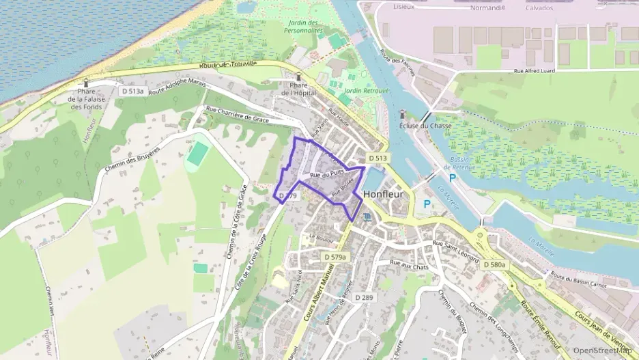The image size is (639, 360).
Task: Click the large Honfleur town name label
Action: pyautogui.click(x=384, y=193)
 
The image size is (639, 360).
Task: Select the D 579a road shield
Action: pyautogui.click(x=335, y=257)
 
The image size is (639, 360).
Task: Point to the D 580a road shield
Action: pyautogui.click(x=495, y=264)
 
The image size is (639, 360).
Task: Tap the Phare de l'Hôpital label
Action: pyautogui.click(x=297, y=89)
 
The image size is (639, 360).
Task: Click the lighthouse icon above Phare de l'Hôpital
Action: pyautogui.click(x=298, y=77)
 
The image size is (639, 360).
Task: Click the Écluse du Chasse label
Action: pyautogui.click(x=423, y=126)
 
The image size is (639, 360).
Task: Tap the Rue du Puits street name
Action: pyautogui.click(x=325, y=176)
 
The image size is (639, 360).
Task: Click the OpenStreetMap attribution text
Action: pyautogui.click(x=601, y=350)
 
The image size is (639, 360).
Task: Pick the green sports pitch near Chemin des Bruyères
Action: pyautogui.click(x=197, y=154)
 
